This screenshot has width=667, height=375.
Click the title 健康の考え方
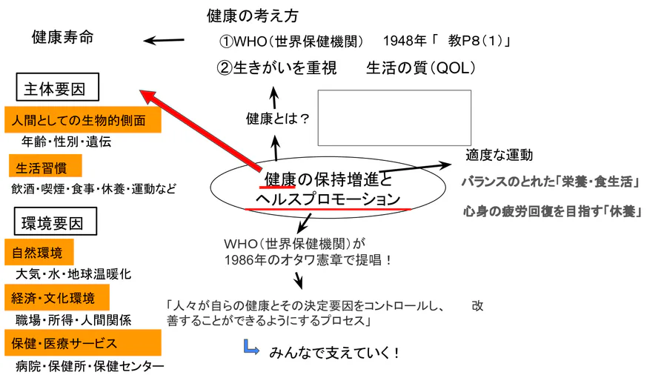click(253, 16)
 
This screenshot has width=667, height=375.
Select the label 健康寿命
click(62, 37)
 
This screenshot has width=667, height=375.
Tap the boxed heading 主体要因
click(57, 87)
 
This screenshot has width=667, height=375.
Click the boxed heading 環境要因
click(56, 221)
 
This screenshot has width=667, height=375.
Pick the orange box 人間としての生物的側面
click(83, 120)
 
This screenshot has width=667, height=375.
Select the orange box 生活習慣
click(45, 166)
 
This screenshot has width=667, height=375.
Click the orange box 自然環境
click(39, 252)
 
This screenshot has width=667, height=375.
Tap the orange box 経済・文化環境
click(57, 297)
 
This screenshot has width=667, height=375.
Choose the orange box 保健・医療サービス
click(83, 342)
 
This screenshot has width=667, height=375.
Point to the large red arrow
click(200, 130)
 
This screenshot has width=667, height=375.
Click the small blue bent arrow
click(251, 347)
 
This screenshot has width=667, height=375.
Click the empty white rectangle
click(394, 118)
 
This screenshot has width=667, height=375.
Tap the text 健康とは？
click(277, 118)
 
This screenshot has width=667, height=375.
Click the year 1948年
click(405, 41)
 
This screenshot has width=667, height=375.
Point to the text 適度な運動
click(499, 155)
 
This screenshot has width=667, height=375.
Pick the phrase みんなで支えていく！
click(334, 353)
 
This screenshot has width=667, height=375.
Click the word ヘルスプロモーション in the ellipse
click(328, 199)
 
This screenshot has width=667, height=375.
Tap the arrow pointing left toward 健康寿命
click(164, 41)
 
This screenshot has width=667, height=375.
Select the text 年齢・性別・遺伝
click(67, 142)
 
